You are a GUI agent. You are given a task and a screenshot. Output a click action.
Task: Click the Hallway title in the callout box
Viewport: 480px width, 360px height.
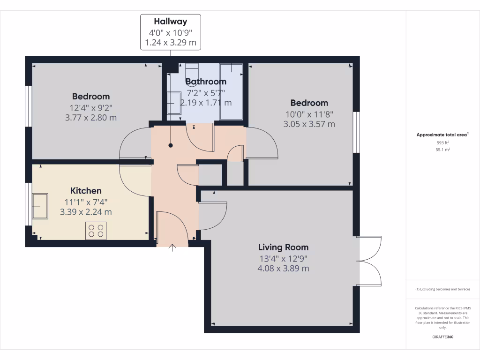(x=171, y=21)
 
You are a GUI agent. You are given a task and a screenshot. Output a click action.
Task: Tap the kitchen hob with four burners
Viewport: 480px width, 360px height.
(x=96, y=231)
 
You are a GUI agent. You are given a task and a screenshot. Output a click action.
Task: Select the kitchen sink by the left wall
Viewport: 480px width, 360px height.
(x=39, y=206)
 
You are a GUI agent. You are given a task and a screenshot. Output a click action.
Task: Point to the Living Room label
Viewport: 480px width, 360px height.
(x=283, y=247)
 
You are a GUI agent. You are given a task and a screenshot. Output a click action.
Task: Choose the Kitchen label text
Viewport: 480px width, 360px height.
(x=86, y=191)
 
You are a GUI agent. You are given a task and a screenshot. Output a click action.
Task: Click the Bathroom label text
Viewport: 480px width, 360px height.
(x=206, y=82)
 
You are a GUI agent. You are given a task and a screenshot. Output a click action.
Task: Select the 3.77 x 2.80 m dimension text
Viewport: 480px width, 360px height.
(x=90, y=118)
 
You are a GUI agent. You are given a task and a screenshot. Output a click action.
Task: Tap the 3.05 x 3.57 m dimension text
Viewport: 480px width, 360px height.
(x=309, y=124)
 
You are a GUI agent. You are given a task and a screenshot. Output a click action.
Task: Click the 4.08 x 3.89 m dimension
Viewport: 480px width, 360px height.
(x=283, y=269)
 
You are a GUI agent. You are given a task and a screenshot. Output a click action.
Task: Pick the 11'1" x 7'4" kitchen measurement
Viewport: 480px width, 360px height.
(x=86, y=202)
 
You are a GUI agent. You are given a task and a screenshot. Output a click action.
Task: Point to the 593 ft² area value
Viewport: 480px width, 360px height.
(x=442, y=142)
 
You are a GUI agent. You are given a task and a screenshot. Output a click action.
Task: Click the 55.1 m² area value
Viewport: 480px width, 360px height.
(x=442, y=150)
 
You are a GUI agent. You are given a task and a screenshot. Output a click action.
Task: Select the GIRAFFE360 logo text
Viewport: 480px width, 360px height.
(x=442, y=337)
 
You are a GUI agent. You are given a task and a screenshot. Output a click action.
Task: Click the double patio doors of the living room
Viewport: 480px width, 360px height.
(x=369, y=262)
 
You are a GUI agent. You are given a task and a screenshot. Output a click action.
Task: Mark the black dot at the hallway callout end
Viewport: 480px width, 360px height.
(x=171, y=145)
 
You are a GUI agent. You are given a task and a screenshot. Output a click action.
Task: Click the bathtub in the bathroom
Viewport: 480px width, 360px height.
(x=232, y=92)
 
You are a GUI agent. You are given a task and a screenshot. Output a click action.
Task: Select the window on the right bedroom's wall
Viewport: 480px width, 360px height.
(x=356, y=132)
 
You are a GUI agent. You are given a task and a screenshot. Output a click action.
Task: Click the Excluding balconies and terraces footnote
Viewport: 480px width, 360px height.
(x=442, y=289)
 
